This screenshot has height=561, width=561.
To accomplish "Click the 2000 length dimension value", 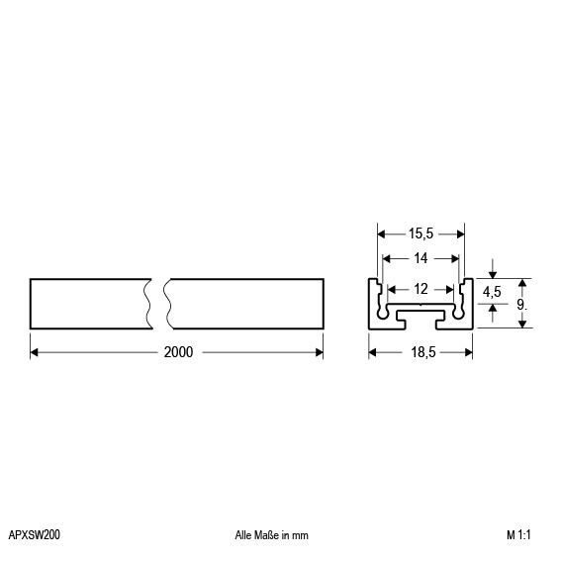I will pyautogui.click(x=178, y=351).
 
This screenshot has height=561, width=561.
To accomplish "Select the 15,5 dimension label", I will pyautogui.click(x=421, y=234).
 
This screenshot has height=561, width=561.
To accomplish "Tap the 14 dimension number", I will pyautogui.click(x=421, y=257).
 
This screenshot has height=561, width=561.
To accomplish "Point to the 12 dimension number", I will pyautogui.click(x=421, y=289).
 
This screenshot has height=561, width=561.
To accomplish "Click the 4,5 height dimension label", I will pyautogui.click(x=492, y=292).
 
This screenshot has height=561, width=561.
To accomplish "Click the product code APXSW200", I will pyautogui.click(x=34, y=535).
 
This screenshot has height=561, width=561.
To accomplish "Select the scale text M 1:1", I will pyautogui.click(x=520, y=535).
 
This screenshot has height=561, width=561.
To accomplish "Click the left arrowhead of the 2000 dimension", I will pyautogui.click(x=35, y=351).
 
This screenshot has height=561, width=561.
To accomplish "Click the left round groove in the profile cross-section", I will pyautogui.click(x=380, y=309).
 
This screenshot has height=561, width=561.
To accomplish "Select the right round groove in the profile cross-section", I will pyautogui.click(x=461, y=309).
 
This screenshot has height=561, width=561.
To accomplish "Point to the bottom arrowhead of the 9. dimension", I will pyautogui.click(x=521, y=325).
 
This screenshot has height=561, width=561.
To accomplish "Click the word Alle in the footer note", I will pyautogui.click(x=244, y=535).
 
